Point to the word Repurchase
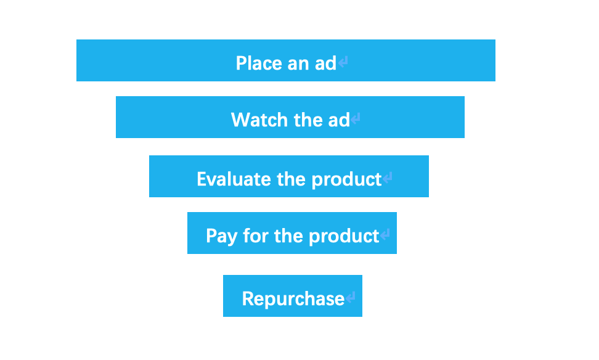tap(293, 298)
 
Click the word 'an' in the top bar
tap(298, 64)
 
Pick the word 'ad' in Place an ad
tap(325, 63)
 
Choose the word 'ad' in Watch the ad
tap(339, 120)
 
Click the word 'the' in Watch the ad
tap(308, 120)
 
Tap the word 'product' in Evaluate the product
tap(346, 179)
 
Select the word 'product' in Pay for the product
tap(344, 237)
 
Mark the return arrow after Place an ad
tap(343, 62)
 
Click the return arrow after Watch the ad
tap(356, 118)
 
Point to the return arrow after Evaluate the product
tap(388, 178)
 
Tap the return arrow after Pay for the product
tap(385, 234)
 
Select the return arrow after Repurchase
tap(350, 297)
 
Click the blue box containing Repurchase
tap(293, 296)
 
